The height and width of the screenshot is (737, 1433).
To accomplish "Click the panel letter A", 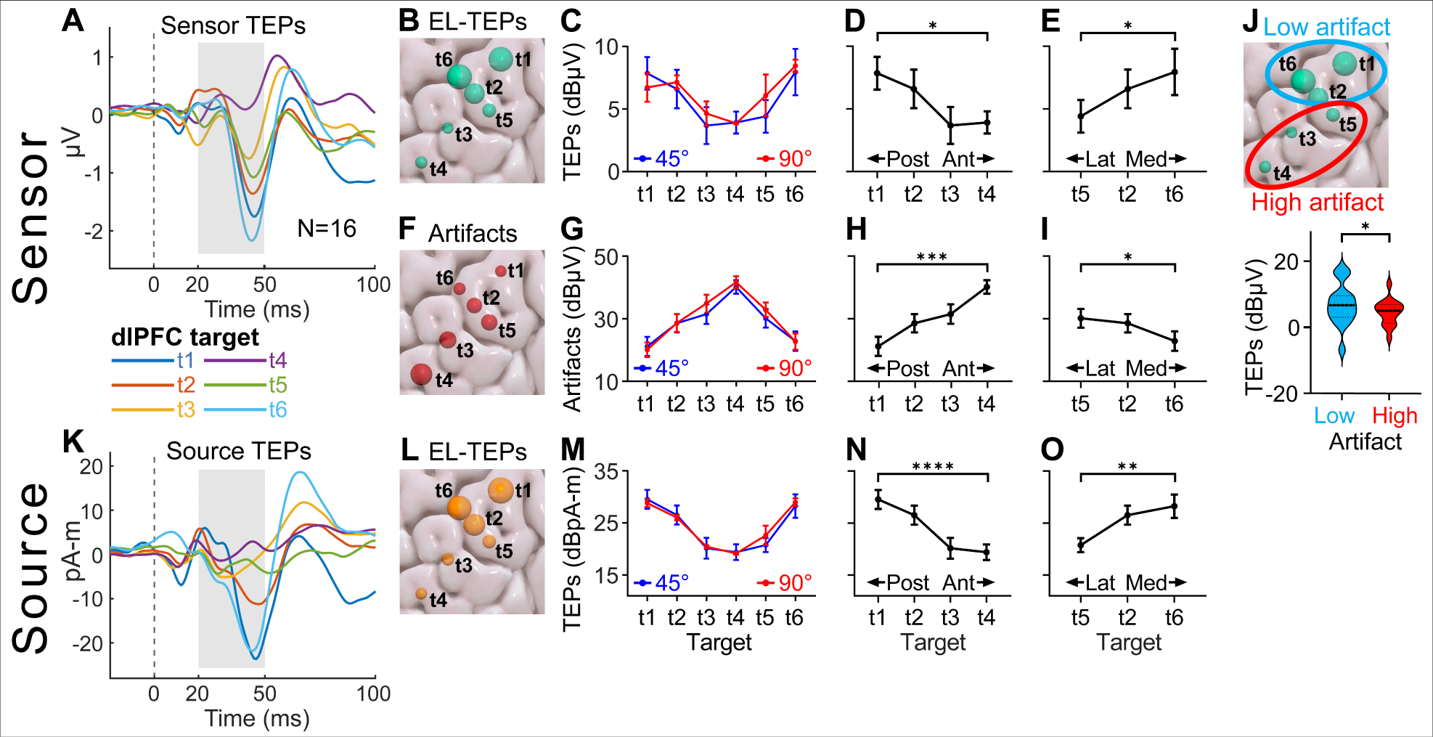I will [73, 20].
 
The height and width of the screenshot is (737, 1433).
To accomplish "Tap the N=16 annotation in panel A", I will [327, 229].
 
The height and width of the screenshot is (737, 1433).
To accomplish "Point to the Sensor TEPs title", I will [233, 25].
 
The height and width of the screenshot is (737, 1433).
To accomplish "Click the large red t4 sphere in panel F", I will [421, 374].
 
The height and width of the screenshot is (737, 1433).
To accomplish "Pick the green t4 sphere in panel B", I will [421, 162].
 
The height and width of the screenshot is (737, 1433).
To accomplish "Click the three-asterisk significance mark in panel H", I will [932, 256].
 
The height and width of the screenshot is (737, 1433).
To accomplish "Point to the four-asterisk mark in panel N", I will [933, 466].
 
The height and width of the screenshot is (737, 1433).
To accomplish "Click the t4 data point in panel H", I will [987, 287].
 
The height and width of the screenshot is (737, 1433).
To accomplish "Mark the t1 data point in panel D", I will [877, 73].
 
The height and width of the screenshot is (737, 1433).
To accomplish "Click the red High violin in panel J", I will [1389, 312].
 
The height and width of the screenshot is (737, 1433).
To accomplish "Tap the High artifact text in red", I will [1318, 202].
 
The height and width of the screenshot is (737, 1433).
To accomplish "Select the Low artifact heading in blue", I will [1326, 27].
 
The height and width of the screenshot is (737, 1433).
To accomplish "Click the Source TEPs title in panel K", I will [239, 451].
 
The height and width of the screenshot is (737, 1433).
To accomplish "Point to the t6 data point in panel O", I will [1175, 506].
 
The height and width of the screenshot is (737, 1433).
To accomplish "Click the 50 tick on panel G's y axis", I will [606, 257].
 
